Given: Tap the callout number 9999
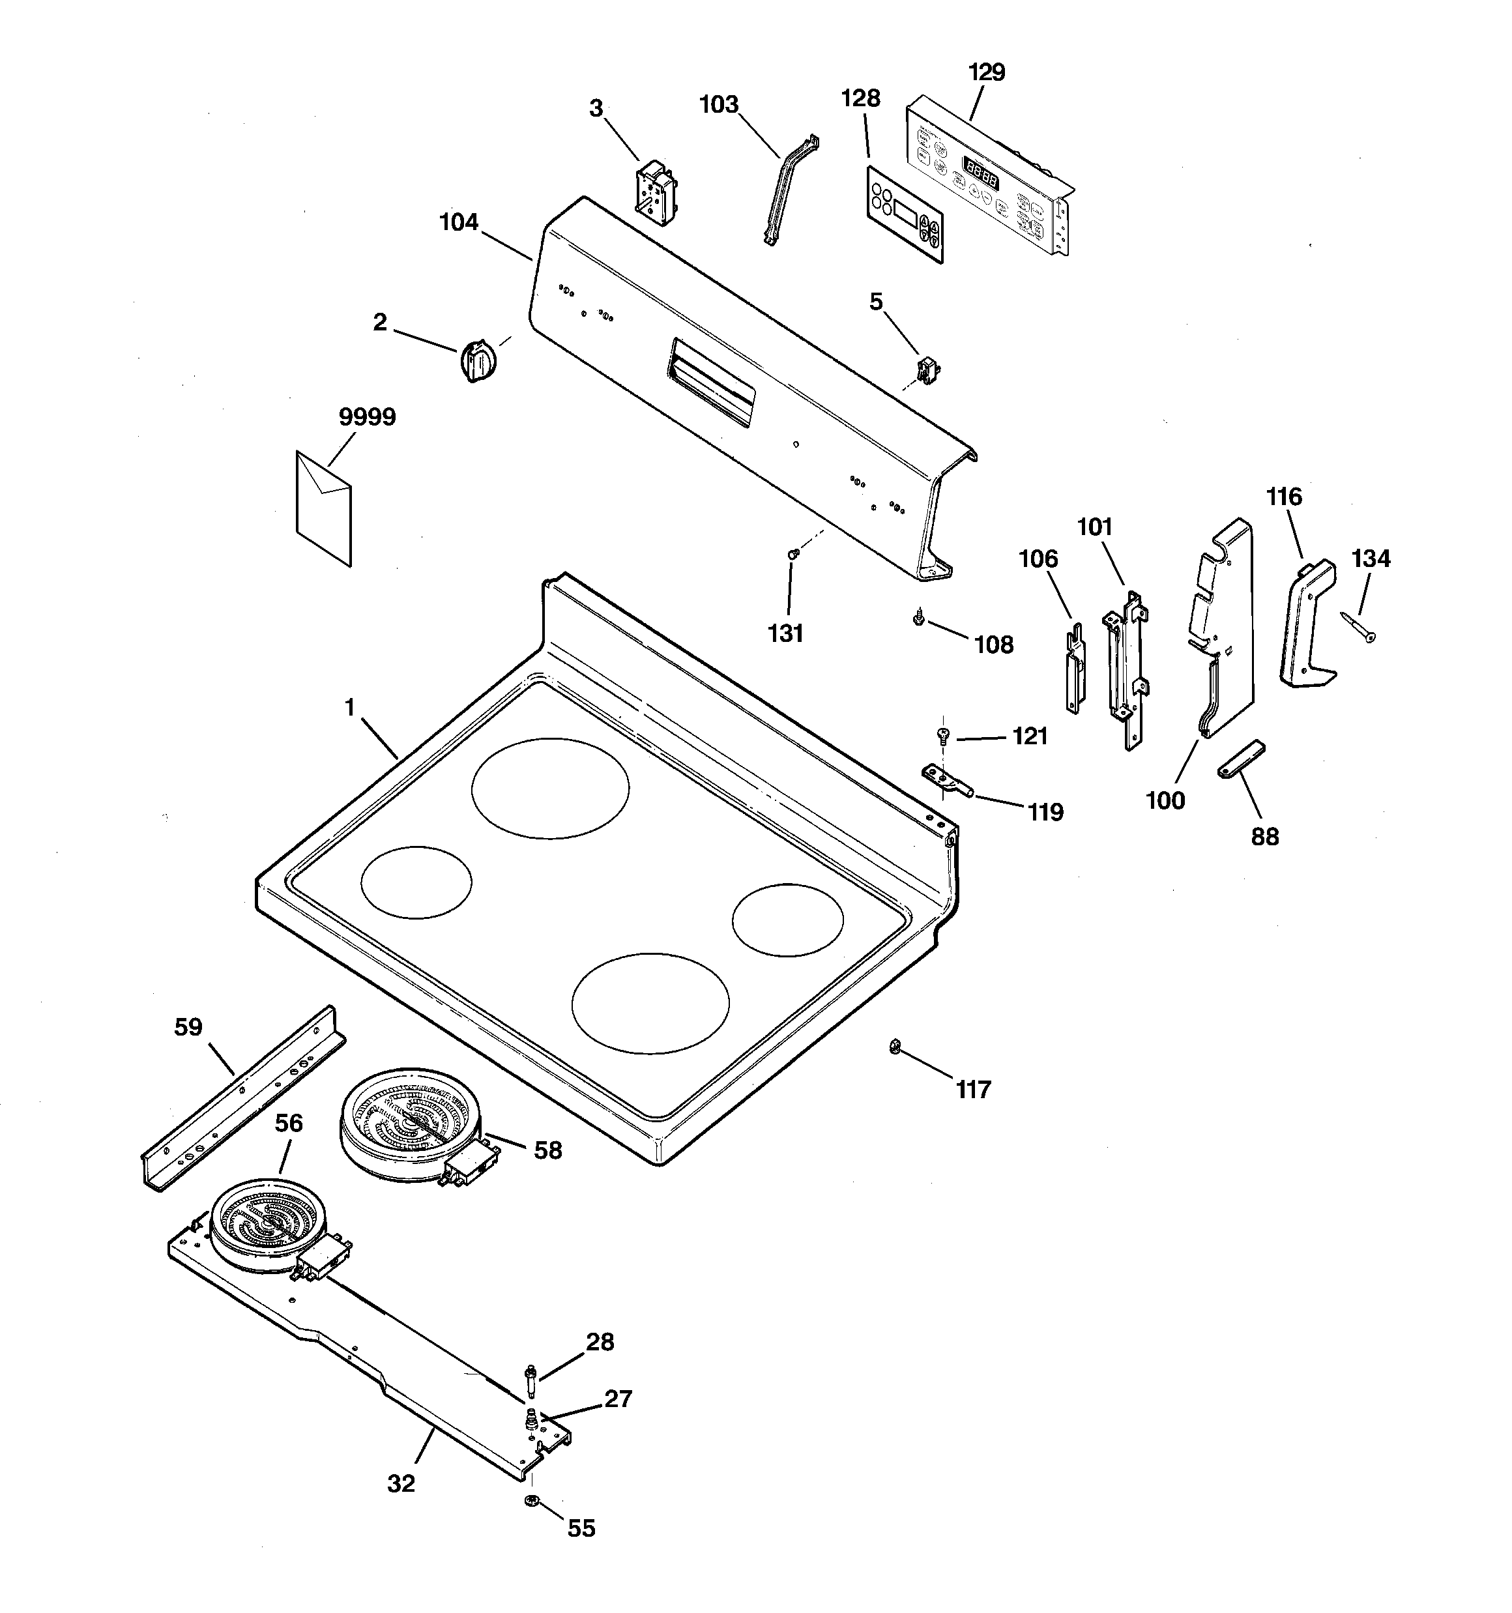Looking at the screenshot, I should pyautogui.click(x=367, y=417).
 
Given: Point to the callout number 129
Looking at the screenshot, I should pyautogui.click(x=987, y=73).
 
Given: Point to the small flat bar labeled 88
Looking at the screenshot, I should pyautogui.click(x=1242, y=759).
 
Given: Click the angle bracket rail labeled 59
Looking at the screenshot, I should pyautogui.click(x=242, y=1097).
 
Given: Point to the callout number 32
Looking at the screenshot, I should pyautogui.click(x=401, y=1484).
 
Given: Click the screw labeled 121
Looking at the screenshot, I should pyautogui.click(x=943, y=735).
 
